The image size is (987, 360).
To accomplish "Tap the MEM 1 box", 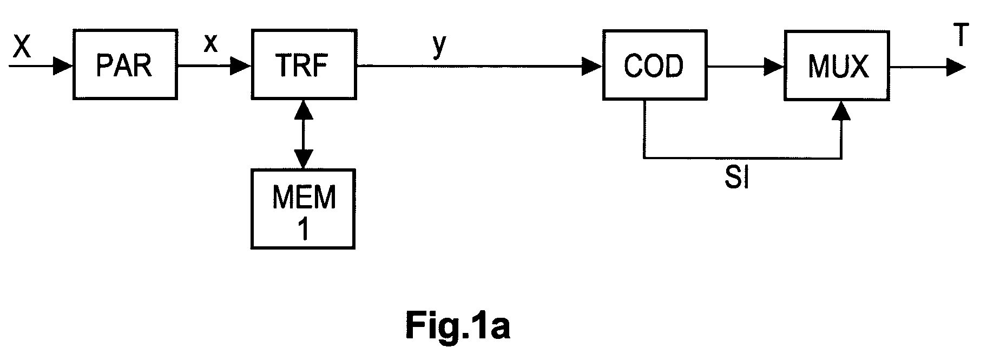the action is pos(303,209).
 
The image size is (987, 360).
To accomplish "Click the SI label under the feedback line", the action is pos(737,178).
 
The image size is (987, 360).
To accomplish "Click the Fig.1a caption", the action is pos(457,327).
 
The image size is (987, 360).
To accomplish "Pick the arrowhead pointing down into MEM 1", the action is pos(303,160).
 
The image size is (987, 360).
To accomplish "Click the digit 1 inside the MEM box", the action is pos(304,229).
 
